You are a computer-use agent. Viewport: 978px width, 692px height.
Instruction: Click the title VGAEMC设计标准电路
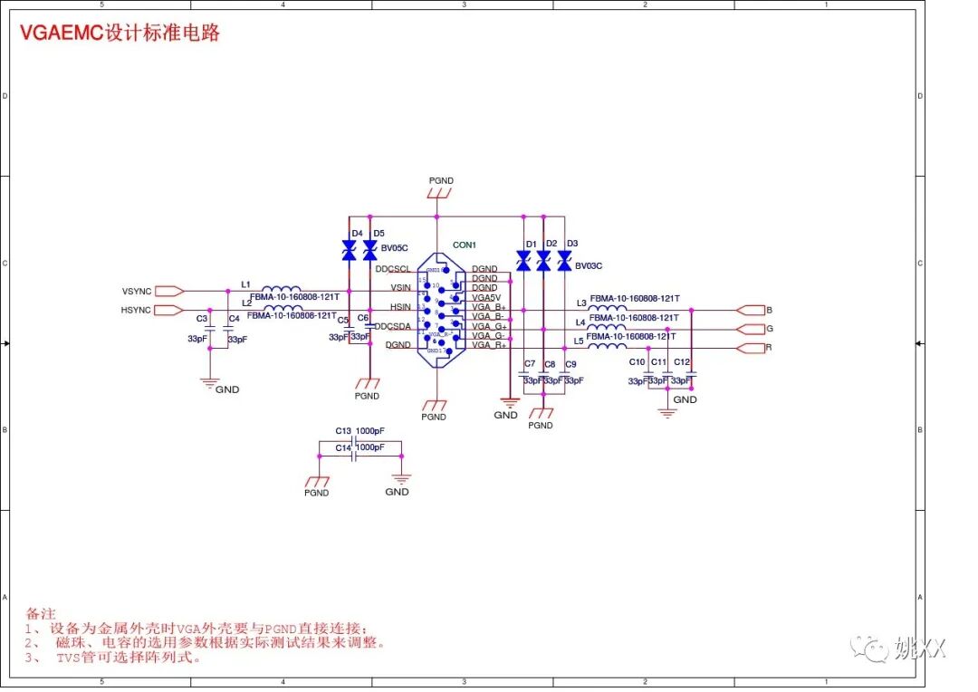pyautogui.click(x=120, y=34)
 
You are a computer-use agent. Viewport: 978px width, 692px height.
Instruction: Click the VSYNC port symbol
pyautogui.click(x=168, y=292)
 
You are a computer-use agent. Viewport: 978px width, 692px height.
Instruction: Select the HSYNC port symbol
pyautogui.click(x=168, y=311)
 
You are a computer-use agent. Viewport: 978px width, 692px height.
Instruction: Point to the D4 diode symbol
pyautogui.click(x=350, y=251)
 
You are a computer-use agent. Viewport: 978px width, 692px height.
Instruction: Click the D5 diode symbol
pyautogui.click(x=369, y=251)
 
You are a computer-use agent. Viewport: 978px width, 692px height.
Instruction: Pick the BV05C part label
pyautogui.click(x=395, y=247)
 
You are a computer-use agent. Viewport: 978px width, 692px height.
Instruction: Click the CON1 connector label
pyautogui.click(x=465, y=245)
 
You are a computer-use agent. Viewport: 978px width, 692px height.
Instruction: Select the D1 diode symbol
pyautogui.click(x=523, y=262)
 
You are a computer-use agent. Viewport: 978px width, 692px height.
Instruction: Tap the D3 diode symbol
pyautogui.click(x=564, y=262)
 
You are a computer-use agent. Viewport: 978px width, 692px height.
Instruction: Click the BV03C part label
pyautogui.click(x=589, y=265)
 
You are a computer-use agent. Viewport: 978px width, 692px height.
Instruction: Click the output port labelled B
pyautogui.click(x=752, y=310)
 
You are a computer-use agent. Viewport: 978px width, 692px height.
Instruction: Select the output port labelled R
pyautogui.click(x=752, y=348)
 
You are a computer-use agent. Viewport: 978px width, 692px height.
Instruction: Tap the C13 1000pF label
pyautogui.click(x=360, y=431)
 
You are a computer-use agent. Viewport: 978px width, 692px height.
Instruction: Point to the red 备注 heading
pyautogui.click(x=41, y=613)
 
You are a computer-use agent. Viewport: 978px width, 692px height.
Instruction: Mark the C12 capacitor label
pyautogui.click(x=682, y=362)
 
